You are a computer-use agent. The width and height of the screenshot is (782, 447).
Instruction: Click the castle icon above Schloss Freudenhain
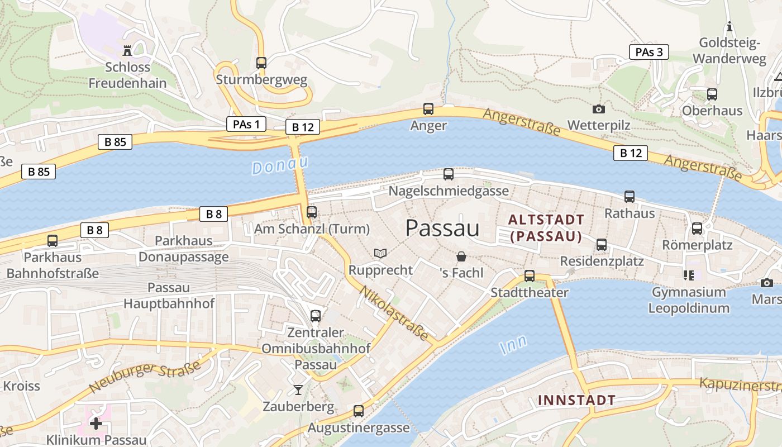click(x=127, y=51)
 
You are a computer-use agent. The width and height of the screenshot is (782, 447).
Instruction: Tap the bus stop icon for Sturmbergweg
click(x=261, y=63)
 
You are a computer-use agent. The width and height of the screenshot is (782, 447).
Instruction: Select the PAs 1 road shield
click(x=246, y=124)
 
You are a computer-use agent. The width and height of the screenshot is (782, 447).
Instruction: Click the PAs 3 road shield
click(x=649, y=53)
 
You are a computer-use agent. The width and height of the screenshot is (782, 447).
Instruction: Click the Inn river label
click(x=513, y=344)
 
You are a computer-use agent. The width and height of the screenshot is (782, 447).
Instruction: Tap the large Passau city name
click(x=442, y=228)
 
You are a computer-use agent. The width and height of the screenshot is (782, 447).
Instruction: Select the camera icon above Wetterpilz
click(x=598, y=109)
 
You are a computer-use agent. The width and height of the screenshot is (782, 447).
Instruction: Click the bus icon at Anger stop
click(x=428, y=109)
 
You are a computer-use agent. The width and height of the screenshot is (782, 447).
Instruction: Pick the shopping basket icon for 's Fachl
click(x=461, y=256)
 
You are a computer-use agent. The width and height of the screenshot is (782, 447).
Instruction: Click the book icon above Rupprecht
click(x=380, y=254)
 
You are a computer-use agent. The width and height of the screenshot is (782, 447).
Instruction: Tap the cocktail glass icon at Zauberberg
click(x=298, y=389)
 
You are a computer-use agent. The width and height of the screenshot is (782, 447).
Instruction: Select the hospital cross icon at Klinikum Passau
click(x=96, y=423)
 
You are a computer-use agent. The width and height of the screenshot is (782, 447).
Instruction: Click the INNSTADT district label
click(x=576, y=400)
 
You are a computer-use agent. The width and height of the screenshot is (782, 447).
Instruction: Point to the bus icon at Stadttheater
click(x=529, y=276)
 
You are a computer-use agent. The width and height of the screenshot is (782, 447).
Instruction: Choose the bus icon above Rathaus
click(x=630, y=197)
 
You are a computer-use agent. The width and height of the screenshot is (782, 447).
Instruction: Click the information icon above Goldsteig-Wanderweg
click(x=729, y=26)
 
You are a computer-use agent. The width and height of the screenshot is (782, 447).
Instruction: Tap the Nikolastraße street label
click(x=393, y=313)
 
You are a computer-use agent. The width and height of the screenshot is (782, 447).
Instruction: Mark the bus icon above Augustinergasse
click(x=359, y=411)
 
